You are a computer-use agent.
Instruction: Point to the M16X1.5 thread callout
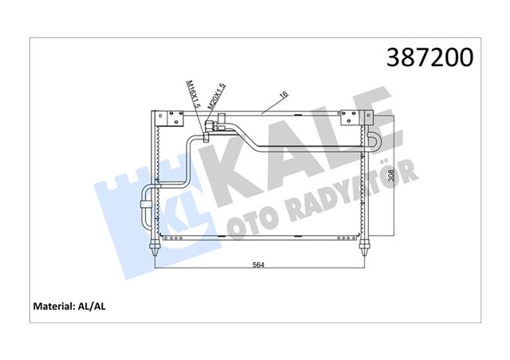[191, 96]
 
